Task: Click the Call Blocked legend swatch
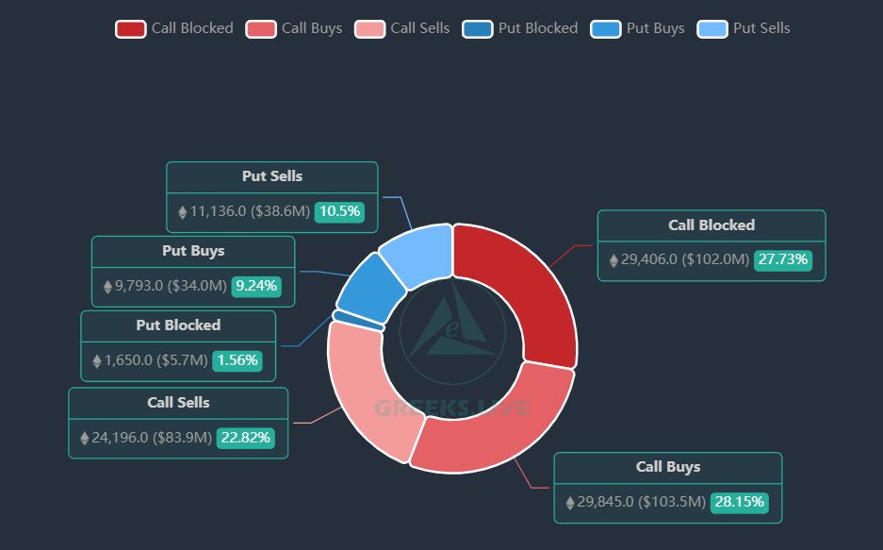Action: tap(130, 28)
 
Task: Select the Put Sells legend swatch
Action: tap(712, 28)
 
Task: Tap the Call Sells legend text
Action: tap(419, 28)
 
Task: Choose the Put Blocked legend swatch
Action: tap(478, 28)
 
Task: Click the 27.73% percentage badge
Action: tap(781, 259)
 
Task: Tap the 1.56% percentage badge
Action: tap(237, 360)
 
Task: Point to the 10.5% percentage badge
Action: tap(339, 211)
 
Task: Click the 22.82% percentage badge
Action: tap(246, 438)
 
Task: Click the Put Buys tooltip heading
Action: tap(193, 251)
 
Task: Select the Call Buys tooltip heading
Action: tap(668, 467)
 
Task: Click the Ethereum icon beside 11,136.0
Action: tap(183, 212)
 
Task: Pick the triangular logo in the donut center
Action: tap(451, 326)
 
